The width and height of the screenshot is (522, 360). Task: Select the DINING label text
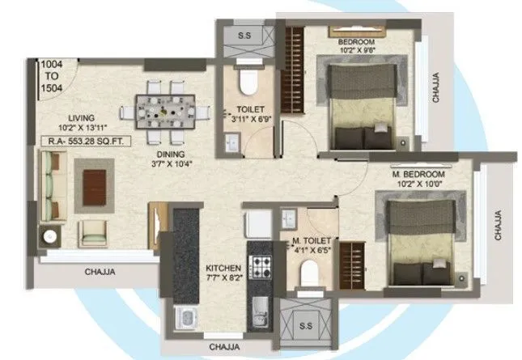coord(171,154)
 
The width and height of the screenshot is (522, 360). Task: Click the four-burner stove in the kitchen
coord(260,265)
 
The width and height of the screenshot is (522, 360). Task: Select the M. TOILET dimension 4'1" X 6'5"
coord(312,251)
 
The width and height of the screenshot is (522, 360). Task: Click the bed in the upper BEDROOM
coord(363,102)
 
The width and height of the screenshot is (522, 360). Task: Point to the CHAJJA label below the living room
coord(100,273)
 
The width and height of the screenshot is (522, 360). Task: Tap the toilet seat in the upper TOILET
coord(247,81)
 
